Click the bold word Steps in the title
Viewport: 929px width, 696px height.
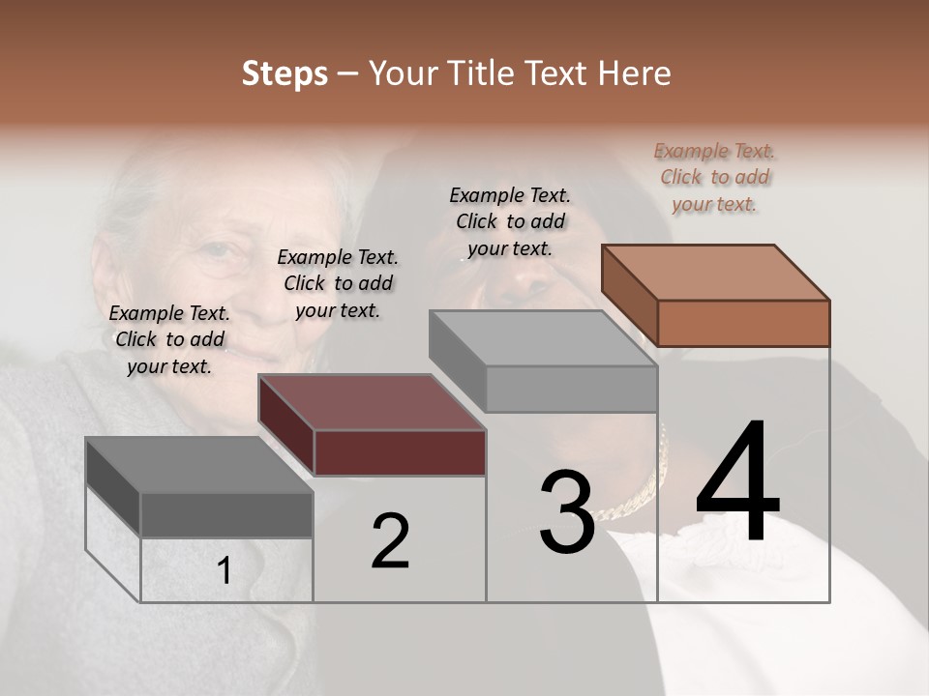tap(285, 73)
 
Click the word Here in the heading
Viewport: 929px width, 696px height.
tap(635, 73)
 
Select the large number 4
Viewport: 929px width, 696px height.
tap(737, 483)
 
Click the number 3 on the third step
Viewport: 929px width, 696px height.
tap(566, 512)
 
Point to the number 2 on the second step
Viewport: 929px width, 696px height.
tap(390, 541)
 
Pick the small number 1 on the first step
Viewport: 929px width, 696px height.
tap(225, 571)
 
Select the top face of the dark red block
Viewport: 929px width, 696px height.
tap(373, 402)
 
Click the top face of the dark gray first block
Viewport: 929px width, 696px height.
tap(199, 465)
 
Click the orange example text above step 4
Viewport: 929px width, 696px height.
tap(715, 177)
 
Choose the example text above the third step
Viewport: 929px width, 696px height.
tap(510, 221)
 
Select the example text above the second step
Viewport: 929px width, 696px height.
tap(338, 283)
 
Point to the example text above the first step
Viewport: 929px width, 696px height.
tap(169, 339)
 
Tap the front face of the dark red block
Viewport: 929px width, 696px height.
tap(400, 452)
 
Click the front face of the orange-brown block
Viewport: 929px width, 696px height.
tap(743, 323)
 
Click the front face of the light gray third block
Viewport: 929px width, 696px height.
tap(571, 389)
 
